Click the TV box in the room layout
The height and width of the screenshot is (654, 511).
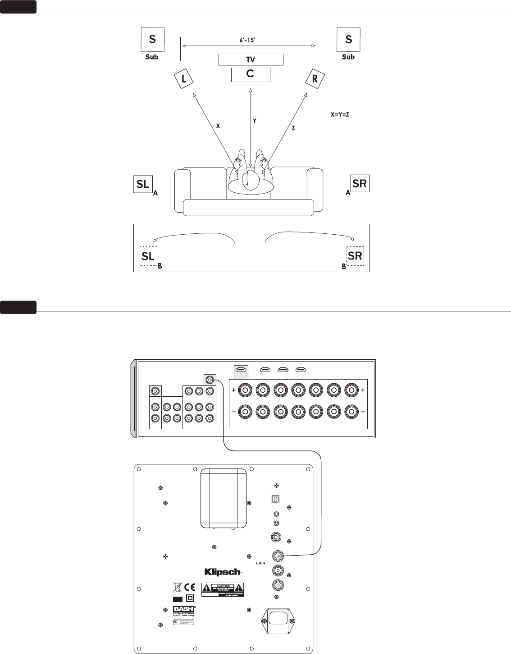coord(251,60)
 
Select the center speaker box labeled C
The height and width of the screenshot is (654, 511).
coord(251,74)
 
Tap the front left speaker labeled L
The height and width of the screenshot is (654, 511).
coord(183,79)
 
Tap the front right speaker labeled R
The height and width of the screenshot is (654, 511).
coord(315,79)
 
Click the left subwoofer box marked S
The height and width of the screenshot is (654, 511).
coord(152,39)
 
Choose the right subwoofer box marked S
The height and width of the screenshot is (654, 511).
coord(348,39)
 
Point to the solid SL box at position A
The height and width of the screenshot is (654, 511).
coord(143,184)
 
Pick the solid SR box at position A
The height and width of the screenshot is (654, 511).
coord(360,184)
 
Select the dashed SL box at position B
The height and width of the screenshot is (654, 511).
coord(148,256)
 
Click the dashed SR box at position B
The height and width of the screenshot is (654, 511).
coord(355,256)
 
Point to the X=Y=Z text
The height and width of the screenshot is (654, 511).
coord(340,115)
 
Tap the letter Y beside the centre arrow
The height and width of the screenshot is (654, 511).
coord(255,121)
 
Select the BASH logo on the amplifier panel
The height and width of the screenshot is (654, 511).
coord(184,609)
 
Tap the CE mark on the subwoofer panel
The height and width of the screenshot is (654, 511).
coord(190,587)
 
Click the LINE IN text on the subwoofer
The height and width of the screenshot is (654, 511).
coord(261,563)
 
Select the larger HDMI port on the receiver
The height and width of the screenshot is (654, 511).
coord(242,370)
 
